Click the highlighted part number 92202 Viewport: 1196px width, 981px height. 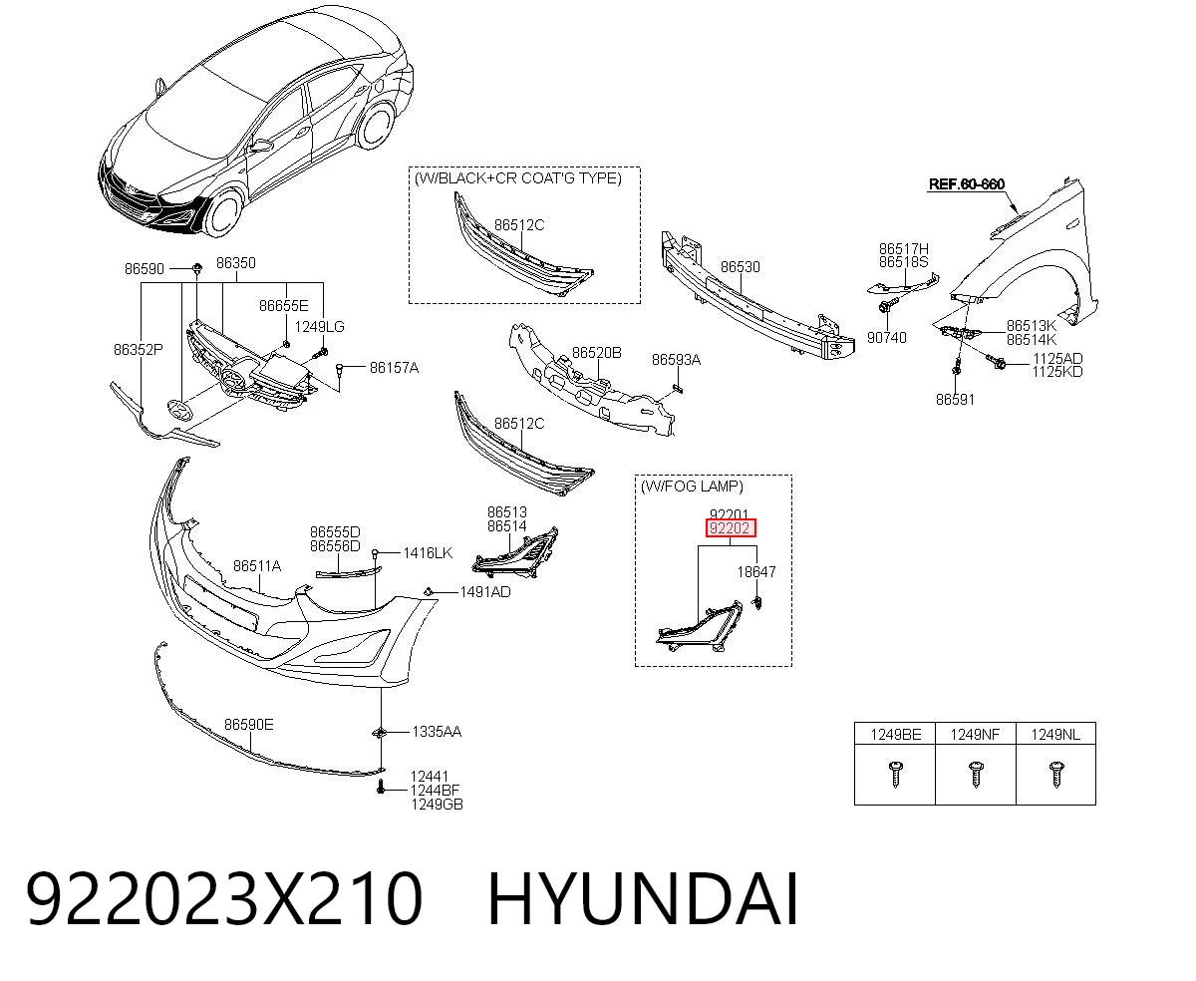coord(730,528)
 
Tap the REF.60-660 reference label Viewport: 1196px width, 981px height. coord(967,183)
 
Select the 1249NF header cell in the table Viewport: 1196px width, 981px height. coord(975,735)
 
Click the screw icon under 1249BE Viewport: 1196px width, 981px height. coord(895,775)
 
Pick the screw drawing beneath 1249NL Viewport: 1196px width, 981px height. coord(1055,775)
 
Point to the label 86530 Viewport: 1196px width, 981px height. coord(741,266)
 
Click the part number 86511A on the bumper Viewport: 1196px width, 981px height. coord(257,565)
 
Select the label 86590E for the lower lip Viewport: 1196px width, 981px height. coord(248,725)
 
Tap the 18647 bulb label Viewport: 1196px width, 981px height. coord(755,572)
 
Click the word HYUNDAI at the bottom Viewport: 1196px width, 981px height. coord(643,900)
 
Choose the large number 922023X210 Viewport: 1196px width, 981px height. coord(224,900)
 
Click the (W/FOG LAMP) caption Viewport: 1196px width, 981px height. coord(692,487)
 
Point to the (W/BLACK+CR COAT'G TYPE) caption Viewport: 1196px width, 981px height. coord(517,178)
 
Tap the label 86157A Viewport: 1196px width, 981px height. coord(394,368)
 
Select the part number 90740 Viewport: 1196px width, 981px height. coord(886,338)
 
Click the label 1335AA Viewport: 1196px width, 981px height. coord(437,732)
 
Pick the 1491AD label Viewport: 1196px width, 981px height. coord(484,592)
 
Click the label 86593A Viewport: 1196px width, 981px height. coord(676,360)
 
